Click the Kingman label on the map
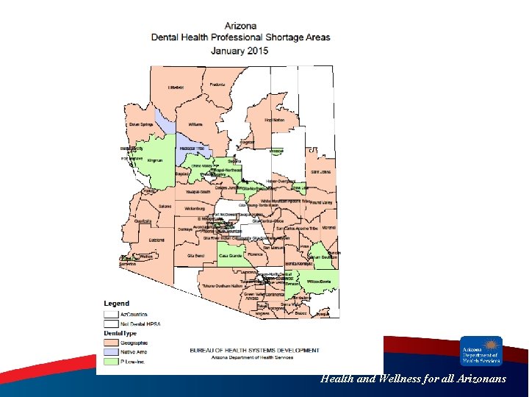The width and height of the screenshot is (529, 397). (x=154, y=160)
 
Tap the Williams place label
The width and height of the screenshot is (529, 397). (x=195, y=125)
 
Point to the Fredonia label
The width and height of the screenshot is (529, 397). (x=217, y=85)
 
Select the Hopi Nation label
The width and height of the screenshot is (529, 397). (x=274, y=119)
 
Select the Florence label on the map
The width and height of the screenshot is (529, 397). (x=255, y=255)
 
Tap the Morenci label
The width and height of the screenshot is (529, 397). (x=328, y=227)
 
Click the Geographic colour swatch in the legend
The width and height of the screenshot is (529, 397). (x=111, y=343)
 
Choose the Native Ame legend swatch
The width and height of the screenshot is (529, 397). (x=111, y=352)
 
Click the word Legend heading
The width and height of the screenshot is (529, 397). (x=116, y=303)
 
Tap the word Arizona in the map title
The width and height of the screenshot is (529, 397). (x=240, y=26)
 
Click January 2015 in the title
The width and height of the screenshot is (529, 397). (x=240, y=51)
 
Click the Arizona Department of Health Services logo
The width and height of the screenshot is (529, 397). (x=481, y=351)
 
